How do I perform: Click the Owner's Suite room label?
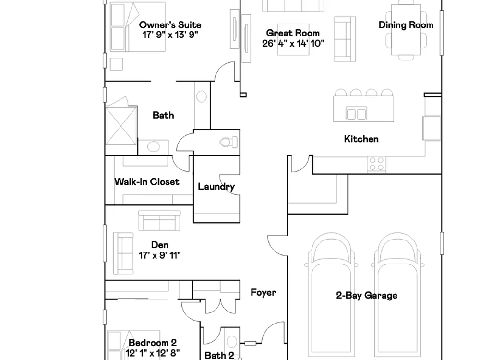(170, 25)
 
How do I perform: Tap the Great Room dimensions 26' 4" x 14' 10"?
(293, 43)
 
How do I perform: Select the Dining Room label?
(406, 25)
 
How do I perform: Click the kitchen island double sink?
(356, 114)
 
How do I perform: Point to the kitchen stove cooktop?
(376, 164)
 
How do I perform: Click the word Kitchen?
(361, 139)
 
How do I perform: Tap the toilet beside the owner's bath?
(228, 142)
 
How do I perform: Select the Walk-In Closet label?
(146, 182)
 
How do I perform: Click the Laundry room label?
(216, 186)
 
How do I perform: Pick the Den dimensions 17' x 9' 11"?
(159, 255)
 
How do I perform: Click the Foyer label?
(263, 292)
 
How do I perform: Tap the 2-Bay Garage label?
(367, 295)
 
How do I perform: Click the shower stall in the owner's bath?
(121, 125)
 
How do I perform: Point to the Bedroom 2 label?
(153, 343)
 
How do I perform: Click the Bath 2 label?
(219, 355)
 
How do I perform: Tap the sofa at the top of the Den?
(159, 220)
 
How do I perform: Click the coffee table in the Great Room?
(293, 39)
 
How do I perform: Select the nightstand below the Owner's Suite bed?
(116, 64)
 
